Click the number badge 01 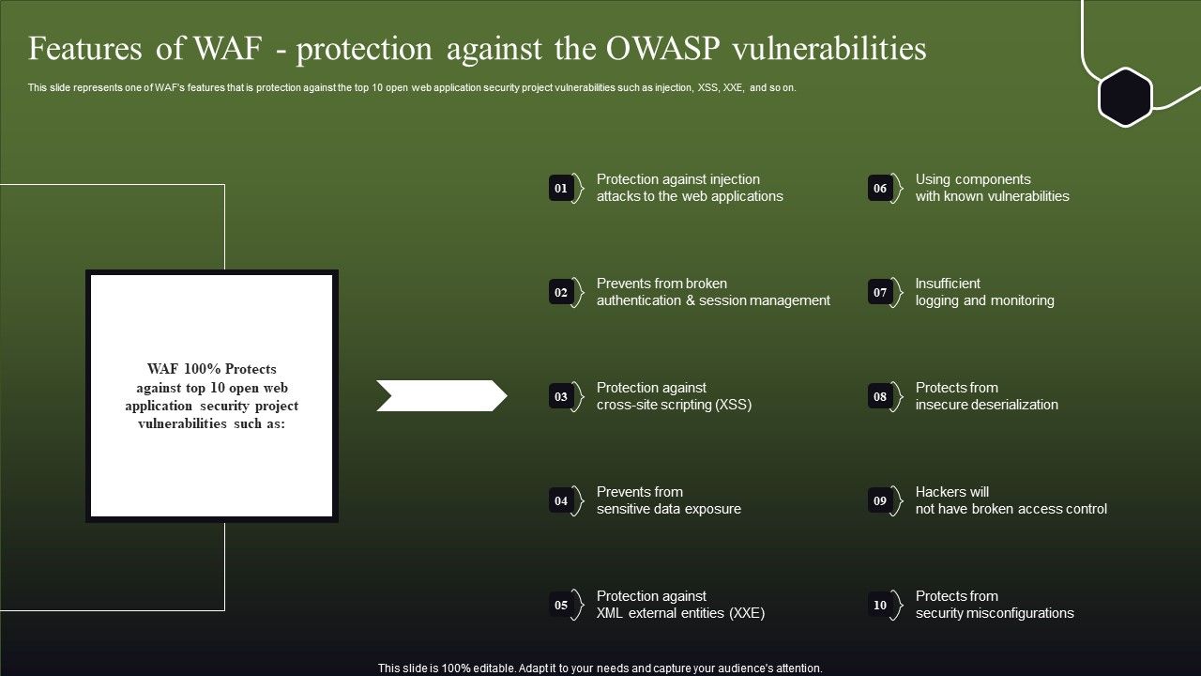coord(561,189)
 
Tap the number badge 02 coord(561,293)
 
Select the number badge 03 coord(561,397)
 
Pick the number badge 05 coord(561,606)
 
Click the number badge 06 coord(880,189)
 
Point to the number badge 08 coord(880,397)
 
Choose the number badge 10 coord(880,606)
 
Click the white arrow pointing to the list coord(441,396)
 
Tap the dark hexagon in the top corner coord(1125,97)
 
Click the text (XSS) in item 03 coord(733,405)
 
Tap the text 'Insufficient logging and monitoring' coord(984,292)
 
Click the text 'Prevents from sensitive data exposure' coord(668,500)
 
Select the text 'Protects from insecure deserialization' coord(986,396)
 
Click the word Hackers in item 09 coord(939,492)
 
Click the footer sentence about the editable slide coord(600,668)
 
